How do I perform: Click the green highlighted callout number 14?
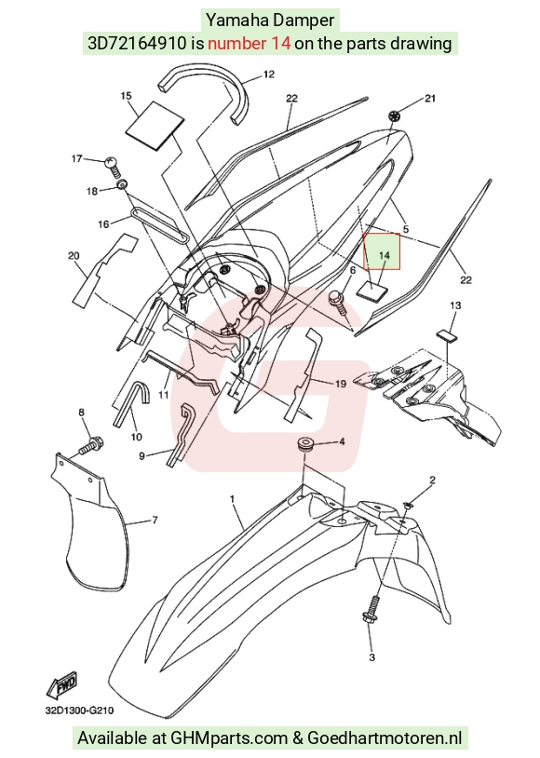[385, 255]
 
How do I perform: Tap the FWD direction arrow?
[61, 685]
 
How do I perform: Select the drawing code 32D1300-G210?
[80, 711]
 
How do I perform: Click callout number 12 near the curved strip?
[269, 74]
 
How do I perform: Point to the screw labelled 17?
[112, 165]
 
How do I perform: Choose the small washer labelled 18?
[123, 184]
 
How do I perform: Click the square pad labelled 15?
[155, 125]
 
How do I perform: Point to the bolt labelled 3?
[371, 611]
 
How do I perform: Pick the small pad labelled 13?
[448, 336]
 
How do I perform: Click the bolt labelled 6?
[338, 302]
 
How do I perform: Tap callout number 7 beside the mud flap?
[155, 521]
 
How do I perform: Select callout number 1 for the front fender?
[232, 498]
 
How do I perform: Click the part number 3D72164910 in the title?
[136, 44]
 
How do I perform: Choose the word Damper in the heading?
[304, 20]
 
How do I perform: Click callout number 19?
[341, 384]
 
